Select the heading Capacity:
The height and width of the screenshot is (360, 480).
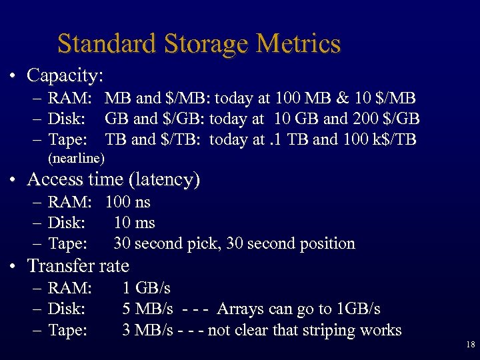(64, 75)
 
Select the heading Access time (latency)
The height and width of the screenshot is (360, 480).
(113, 179)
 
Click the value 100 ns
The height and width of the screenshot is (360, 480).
(128, 202)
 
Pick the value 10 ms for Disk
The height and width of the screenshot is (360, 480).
(134, 223)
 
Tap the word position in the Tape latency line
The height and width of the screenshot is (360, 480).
(322, 243)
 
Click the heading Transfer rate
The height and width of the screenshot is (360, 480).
(78, 265)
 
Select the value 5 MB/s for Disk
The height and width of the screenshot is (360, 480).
(148, 309)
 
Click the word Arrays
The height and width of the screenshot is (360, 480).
(241, 309)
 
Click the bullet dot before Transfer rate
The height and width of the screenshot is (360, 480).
(13, 266)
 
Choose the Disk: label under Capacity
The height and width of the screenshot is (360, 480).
(66, 119)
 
